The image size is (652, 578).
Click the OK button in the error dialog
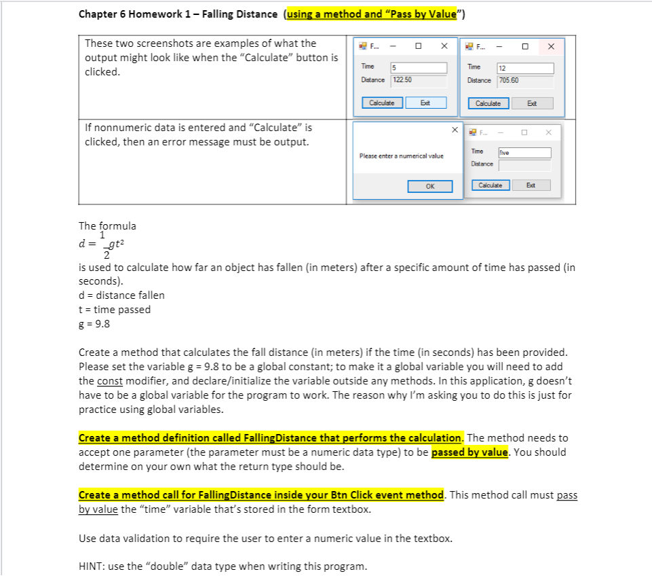tap(429, 186)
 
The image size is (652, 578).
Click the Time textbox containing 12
tap(524, 68)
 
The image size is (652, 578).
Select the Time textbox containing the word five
tap(523, 153)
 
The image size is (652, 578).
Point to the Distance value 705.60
tap(524, 81)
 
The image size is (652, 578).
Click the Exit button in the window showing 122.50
tap(425, 103)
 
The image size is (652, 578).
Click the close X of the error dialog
tap(453, 129)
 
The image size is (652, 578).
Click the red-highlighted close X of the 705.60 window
tap(551, 46)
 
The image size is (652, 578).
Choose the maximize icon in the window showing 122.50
tap(419, 46)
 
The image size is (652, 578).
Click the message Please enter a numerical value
tap(401, 156)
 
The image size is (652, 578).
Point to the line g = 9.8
tap(94, 323)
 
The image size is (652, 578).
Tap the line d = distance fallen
tap(121, 295)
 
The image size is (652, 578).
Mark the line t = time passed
tap(115, 309)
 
